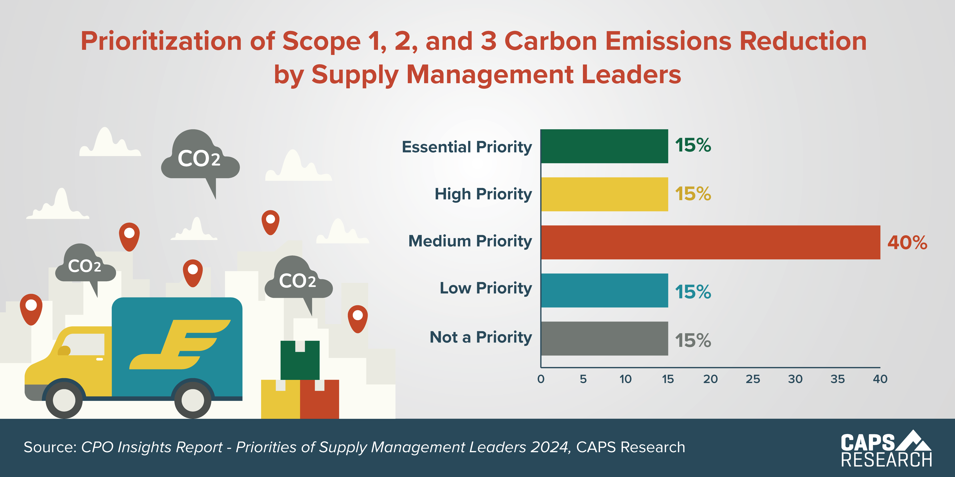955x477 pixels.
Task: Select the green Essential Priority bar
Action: (604, 146)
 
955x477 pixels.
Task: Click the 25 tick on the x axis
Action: (753, 379)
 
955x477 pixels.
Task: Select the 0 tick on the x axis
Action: (541, 379)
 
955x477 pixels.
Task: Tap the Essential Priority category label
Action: (467, 147)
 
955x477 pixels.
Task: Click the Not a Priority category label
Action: (481, 337)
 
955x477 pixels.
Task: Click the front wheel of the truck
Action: (64, 400)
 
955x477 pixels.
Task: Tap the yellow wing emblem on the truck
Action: (180, 344)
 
